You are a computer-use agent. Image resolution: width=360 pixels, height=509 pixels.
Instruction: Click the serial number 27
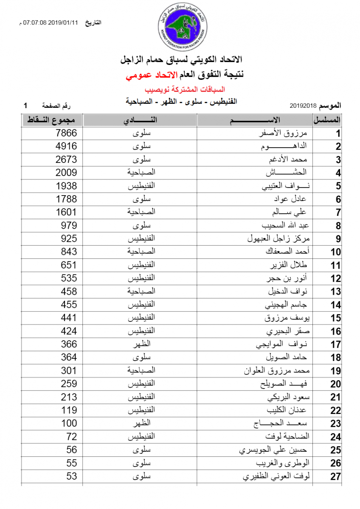point(335,477)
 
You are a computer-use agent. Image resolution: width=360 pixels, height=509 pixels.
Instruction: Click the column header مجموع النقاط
point(52,120)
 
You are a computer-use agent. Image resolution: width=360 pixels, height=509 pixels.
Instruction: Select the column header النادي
point(140,120)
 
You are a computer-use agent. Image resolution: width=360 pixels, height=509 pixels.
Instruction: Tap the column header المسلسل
point(327,120)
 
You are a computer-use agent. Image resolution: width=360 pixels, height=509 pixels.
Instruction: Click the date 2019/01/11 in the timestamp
point(63,22)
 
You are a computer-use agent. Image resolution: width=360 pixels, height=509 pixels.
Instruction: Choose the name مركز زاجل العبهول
point(278,238)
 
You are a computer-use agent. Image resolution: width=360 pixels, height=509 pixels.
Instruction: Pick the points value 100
point(69,423)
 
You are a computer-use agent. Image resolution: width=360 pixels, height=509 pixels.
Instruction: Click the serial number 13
point(335,292)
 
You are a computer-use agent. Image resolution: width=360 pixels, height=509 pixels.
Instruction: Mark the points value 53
point(72,476)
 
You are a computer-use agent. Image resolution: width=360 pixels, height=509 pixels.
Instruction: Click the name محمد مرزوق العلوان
point(277,371)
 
